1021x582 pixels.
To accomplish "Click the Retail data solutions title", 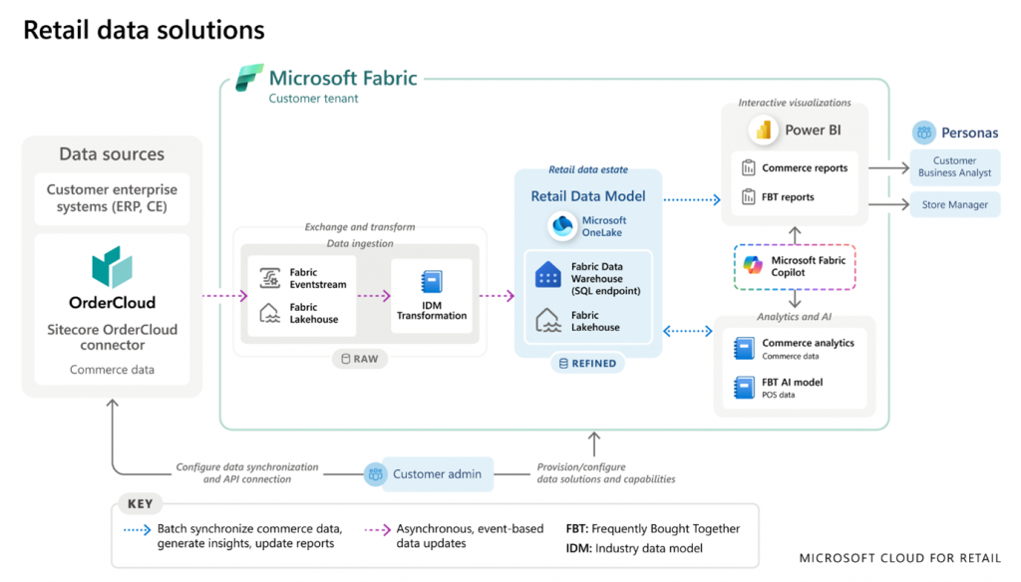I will tap(144, 30).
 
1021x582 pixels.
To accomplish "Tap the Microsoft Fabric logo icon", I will tap(249, 79).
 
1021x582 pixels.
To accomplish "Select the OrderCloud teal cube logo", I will tap(112, 266).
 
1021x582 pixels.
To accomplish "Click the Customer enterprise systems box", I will tap(112, 198).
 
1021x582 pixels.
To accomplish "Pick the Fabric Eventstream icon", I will tap(269, 278).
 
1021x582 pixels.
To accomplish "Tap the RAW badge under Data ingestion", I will tap(360, 359).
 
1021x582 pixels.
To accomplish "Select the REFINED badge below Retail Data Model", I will tap(587, 364).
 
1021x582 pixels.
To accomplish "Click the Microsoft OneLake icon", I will tap(564, 226).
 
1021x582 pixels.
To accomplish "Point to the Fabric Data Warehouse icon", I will tap(548, 276).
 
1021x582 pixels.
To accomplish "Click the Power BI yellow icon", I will tap(765, 130).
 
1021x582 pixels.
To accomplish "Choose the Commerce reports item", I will tap(794, 168).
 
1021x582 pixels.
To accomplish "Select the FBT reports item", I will tap(778, 197).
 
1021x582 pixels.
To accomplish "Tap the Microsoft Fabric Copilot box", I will tap(795, 266).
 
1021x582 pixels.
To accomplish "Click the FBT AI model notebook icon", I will tap(745, 388).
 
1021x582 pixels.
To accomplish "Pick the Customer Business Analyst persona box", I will tap(954, 167).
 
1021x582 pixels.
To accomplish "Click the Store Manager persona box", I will tap(954, 204).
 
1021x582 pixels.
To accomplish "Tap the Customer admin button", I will tap(426, 474).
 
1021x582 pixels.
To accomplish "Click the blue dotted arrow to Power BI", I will tap(691, 199).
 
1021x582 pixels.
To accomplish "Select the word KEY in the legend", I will tap(141, 504).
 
